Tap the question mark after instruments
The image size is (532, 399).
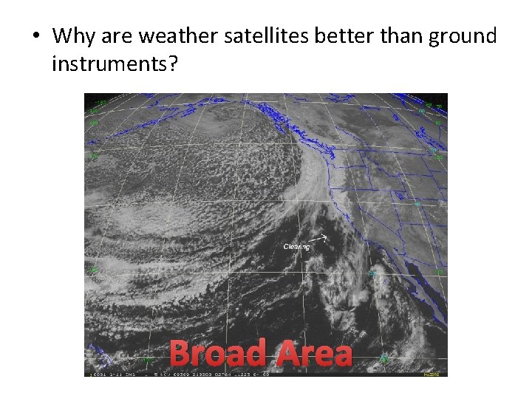173,64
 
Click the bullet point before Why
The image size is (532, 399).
35,37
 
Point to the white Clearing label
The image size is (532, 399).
296,247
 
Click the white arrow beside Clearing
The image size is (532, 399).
321,238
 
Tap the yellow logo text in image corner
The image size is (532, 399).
432,374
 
